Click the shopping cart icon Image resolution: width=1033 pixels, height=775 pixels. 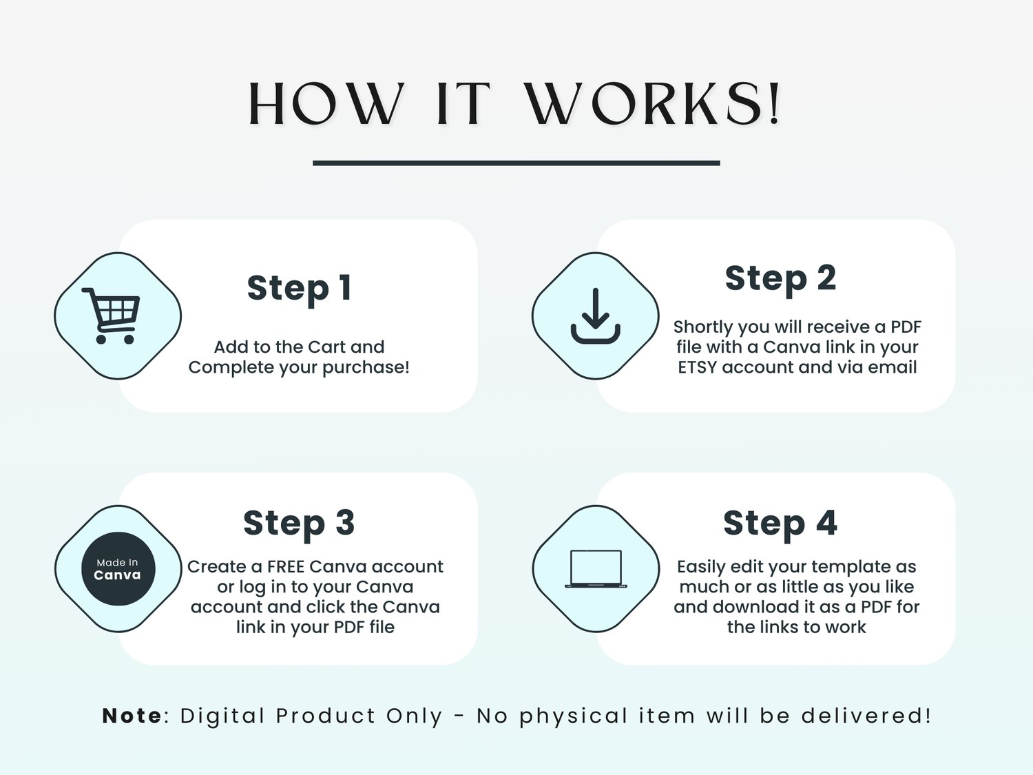coord(111,316)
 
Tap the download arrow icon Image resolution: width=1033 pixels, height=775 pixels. coord(595,316)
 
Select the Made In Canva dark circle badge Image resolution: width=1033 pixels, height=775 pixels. coord(118,568)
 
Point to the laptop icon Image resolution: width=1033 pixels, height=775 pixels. coord(596,569)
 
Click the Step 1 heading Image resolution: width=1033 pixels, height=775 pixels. coord(300,288)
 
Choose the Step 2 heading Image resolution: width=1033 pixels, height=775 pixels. coord(780,278)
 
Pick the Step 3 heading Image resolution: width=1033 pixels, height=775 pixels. coord(299,524)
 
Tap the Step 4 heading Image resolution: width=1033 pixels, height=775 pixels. coord(780,524)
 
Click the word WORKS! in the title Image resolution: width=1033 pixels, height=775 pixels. coord(653,104)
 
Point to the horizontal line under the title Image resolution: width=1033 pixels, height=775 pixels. coord(516,163)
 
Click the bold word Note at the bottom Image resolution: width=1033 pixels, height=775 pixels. coord(132,716)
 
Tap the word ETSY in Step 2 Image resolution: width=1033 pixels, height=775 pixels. coord(698,367)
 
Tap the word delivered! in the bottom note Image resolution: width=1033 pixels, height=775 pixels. coord(866,716)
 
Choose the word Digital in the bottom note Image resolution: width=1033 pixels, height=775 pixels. coord(222,716)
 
